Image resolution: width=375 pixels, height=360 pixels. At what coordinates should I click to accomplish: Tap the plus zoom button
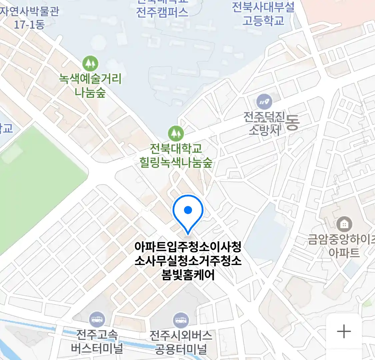(344, 332)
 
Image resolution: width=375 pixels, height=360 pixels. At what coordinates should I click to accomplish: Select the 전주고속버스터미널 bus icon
(97, 320)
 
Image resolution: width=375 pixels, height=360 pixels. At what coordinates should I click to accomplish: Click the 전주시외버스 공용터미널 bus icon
(181, 321)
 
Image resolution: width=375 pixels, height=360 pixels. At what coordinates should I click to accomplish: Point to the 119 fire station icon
(264, 102)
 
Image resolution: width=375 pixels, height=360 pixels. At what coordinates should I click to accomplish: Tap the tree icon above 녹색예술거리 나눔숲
(90, 63)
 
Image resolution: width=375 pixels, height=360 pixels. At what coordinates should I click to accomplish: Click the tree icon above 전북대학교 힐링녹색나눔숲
(176, 133)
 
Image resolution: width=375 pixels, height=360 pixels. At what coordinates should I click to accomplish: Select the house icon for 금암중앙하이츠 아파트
(344, 224)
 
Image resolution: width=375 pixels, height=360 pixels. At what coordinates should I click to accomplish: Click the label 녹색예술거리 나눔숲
(90, 85)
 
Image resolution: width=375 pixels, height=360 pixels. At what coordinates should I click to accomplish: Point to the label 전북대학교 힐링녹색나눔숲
(176, 155)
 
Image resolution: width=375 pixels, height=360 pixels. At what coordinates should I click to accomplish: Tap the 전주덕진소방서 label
(264, 123)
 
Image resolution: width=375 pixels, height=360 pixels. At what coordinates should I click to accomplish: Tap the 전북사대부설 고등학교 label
(263, 14)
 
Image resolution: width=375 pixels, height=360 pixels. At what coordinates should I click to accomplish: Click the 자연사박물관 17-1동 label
(29, 17)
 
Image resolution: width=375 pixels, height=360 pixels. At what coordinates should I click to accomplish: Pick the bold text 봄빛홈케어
(188, 275)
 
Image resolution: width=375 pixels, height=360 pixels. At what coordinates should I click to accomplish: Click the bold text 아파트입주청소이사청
(188, 247)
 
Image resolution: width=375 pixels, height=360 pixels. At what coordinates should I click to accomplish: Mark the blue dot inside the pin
(188, 210)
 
